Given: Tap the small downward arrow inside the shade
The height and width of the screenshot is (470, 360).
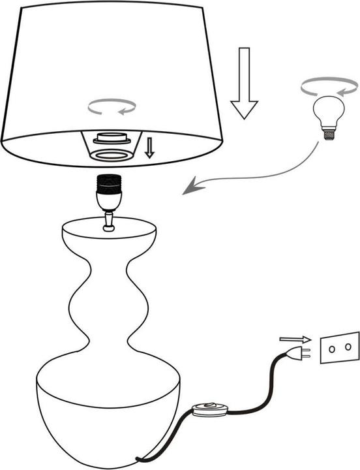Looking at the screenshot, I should point(149,148).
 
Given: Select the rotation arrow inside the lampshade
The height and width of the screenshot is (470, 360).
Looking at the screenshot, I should point(112,106).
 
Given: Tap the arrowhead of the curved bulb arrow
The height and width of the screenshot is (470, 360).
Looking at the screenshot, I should point(190,188).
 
